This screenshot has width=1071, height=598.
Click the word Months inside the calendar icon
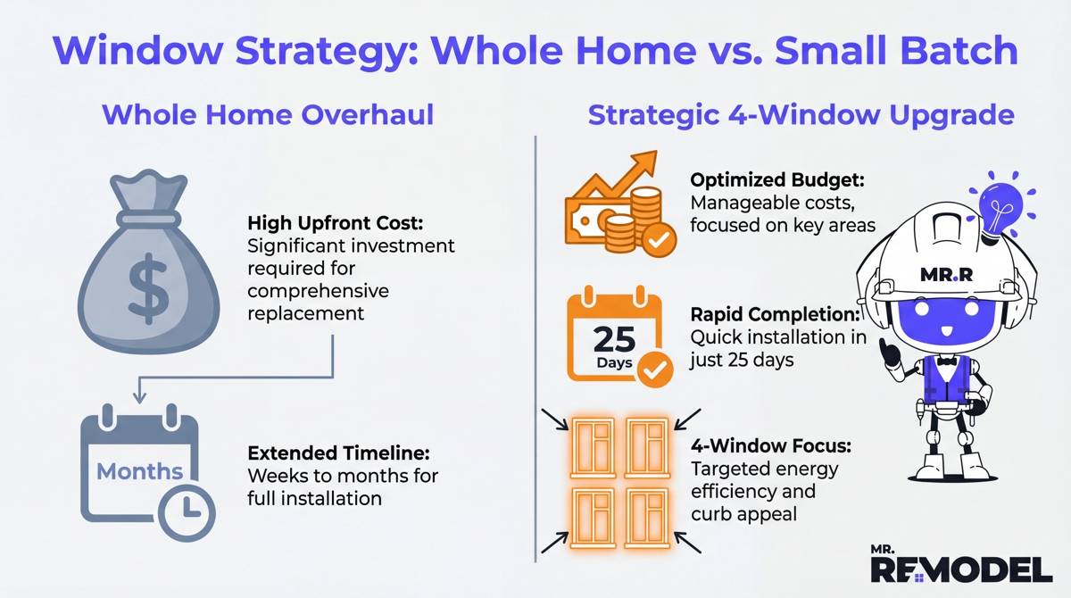140,470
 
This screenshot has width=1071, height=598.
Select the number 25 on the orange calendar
614,340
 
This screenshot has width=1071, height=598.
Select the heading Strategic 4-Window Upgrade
801,116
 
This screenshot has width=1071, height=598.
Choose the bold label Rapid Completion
775,314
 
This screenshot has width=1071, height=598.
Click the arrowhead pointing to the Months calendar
139,394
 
